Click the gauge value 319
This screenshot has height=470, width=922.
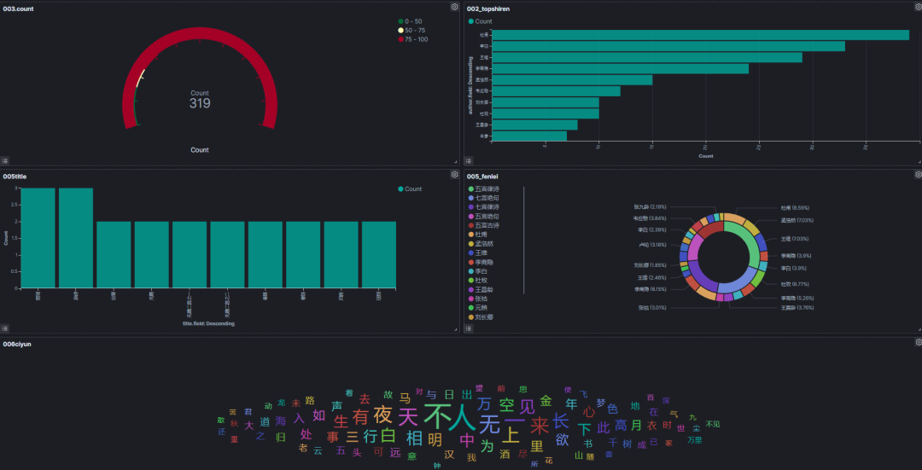tap(200, 103)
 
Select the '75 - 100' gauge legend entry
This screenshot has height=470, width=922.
tap(417, 39)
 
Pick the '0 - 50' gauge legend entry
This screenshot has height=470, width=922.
tap(415, 20)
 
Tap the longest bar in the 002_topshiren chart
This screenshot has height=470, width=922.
tap(701, 35)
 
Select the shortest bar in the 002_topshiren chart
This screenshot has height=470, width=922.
tap(529, 136)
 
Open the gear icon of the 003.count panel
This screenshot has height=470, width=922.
tap(454, 7)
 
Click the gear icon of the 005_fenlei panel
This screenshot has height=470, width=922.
tap(918, 174)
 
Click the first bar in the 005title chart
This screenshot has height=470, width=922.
tap(38, 238)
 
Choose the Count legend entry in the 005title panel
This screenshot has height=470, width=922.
tap(412, 189)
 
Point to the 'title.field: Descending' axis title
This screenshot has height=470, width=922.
tap(208, 323)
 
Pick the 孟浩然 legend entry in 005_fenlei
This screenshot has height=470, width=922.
tap(486, 244)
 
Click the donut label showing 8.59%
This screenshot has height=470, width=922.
tap(793, 207)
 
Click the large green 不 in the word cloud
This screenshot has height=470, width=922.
tap(436, 417)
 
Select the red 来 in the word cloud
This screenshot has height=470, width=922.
tap(540, 425)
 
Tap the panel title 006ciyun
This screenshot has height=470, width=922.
tap(17, 344)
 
